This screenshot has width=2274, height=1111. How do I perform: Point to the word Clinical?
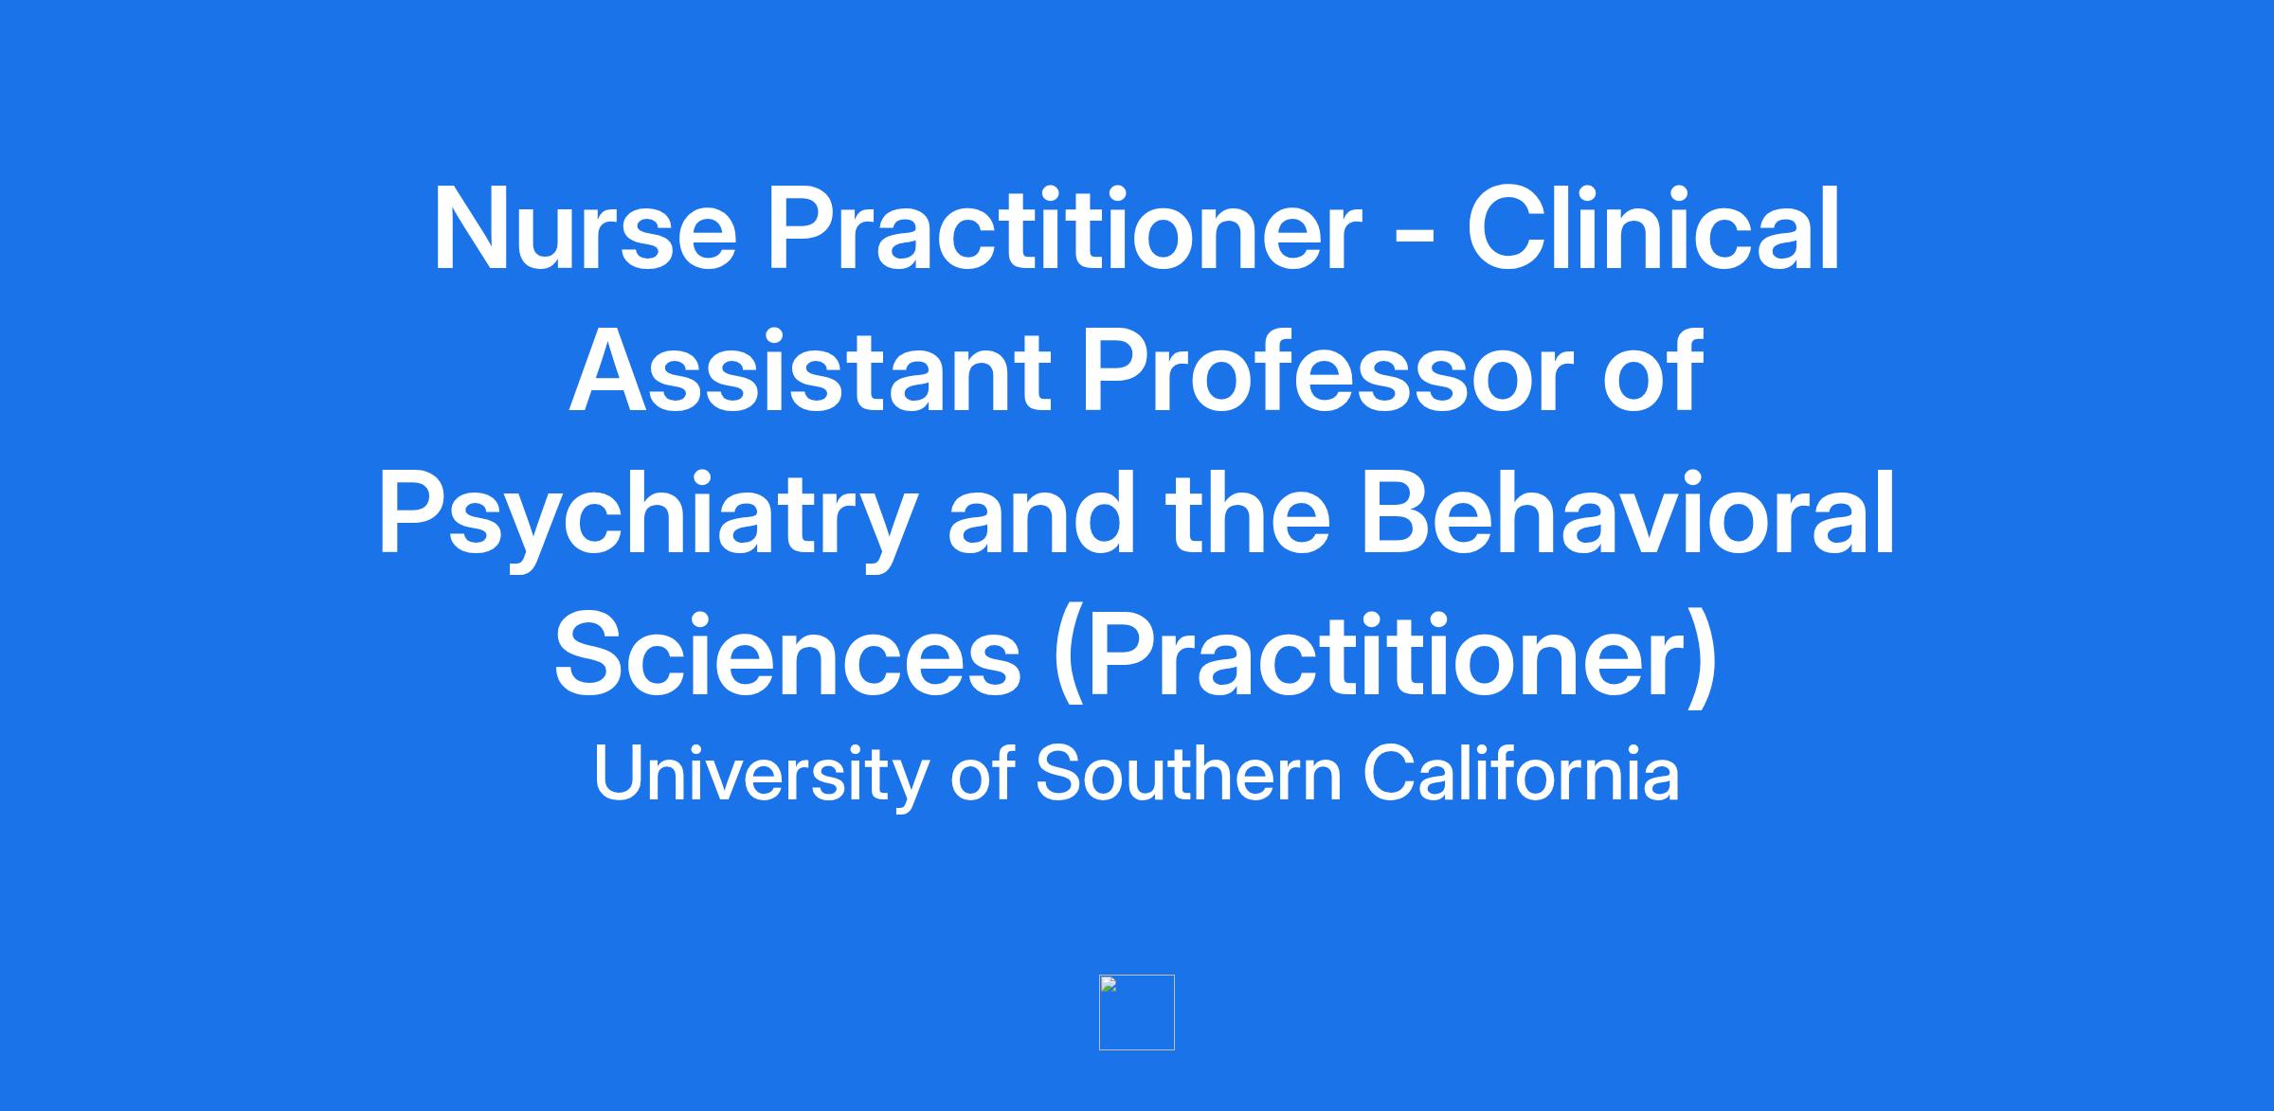pyautogui.click(x=1654, y=228)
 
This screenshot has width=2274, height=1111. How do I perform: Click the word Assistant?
pyautogui.click(x=810, y=371)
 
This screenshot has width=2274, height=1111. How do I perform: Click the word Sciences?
pyautogui.click(x=788, y=656)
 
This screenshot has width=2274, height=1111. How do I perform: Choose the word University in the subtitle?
pyautogui.click(x=760, y=775)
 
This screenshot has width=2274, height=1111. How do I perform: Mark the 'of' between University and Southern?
pyautogui.click(x=983, y=773)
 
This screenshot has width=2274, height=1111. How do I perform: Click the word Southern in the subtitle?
pyautogui.click(x=1189, y=774)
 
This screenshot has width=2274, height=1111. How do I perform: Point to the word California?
pyautogui.click(x=1521, y=773)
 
